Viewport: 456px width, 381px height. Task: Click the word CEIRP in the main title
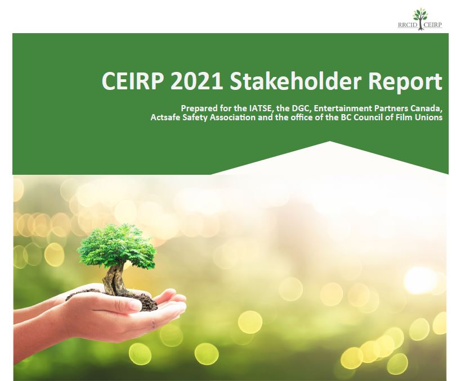(x=132, y=81)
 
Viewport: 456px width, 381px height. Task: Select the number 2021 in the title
(x=196, y=81)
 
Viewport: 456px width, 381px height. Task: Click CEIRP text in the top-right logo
(x=433, y=25)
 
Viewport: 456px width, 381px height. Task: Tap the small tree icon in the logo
(x=420, y=19)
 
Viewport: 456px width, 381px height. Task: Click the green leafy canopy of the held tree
(x=117, y=246)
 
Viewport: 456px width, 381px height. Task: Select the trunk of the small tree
(x=114, y=279)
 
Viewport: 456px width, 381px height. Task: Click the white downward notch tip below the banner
(x=330, y=142)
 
